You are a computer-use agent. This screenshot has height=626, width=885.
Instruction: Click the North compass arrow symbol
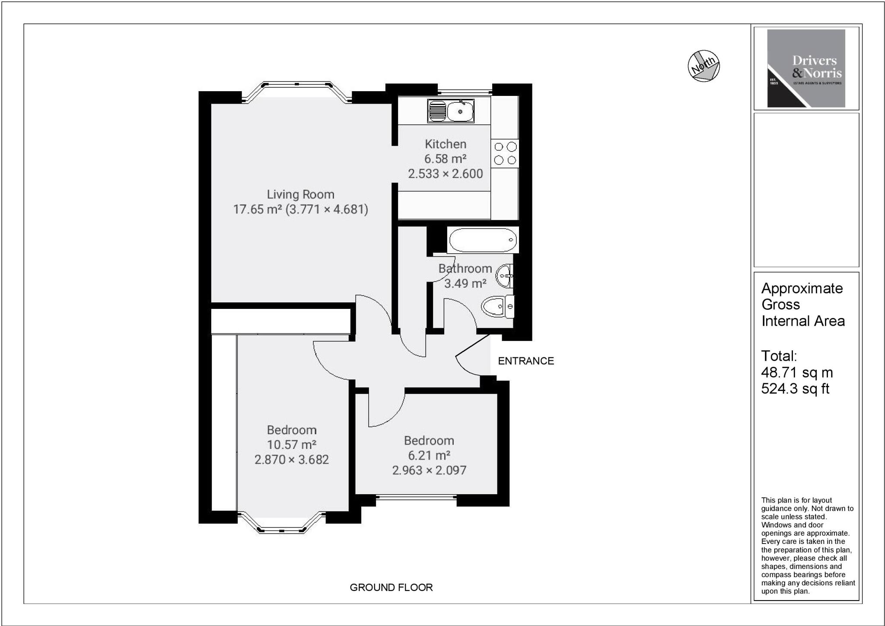point(704,66)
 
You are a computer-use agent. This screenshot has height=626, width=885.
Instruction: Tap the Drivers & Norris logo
point(806,68)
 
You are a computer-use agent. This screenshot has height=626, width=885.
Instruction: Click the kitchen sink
point(451,111)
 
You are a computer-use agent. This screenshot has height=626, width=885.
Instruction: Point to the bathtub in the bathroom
point(483,240)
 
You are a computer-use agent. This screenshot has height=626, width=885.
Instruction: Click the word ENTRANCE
point(525,361)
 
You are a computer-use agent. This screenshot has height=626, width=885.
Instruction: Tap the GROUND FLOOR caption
point(391,587)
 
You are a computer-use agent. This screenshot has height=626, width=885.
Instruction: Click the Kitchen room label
point(445,144)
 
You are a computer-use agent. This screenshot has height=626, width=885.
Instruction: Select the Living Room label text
point(300,194)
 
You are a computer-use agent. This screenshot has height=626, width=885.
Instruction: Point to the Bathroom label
point(465,268)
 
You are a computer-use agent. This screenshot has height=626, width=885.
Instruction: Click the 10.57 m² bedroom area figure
point(292,445)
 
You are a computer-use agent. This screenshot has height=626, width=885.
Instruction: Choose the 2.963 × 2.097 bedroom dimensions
point(429,470)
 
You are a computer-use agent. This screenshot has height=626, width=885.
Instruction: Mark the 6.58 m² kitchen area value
point(445,159)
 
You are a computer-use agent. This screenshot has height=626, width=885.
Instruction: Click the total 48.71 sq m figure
point(797,372)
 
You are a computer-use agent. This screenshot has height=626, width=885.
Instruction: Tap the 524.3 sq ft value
point(795,389)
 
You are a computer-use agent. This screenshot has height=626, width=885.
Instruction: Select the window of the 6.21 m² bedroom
point(417,498)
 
